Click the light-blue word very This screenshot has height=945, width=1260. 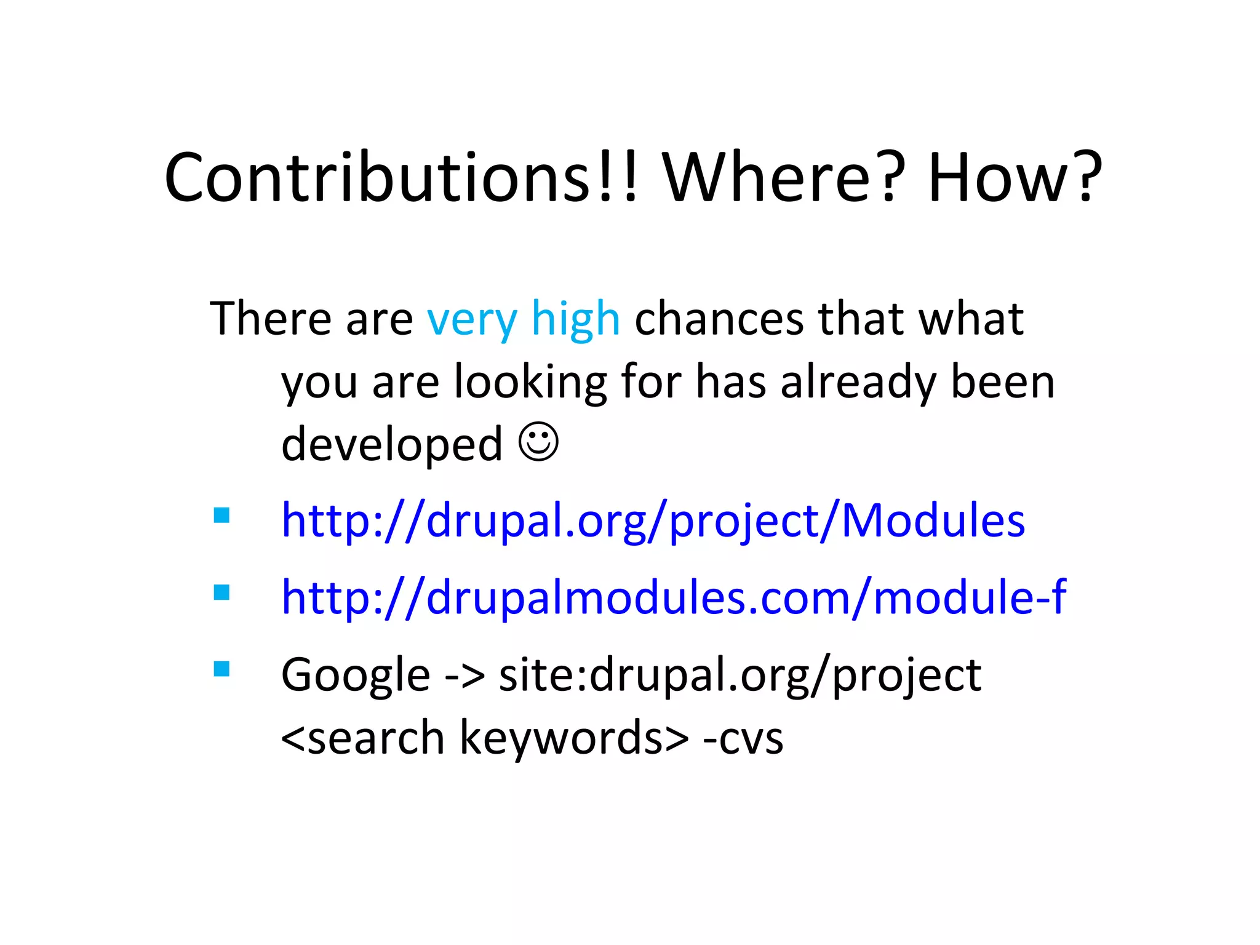[x=472, y=320]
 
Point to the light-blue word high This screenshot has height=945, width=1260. [x=575, y=320]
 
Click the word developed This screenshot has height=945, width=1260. [x=392, y=444]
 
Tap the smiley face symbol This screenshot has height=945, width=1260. [x=538, y=442]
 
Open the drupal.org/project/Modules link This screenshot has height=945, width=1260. [x=653, y=520]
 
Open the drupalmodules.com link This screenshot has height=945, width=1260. [x=673, y=597]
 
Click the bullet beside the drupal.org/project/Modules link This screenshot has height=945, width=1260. [x=221, y=515]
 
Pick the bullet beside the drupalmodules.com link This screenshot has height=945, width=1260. [x=221, y=592]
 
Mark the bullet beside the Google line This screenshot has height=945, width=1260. [x=221, y=669]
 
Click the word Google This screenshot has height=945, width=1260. [x=355, y=676]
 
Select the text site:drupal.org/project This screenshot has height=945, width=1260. [x=740, y=676]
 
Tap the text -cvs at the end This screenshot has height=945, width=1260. [x=743, y=738]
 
